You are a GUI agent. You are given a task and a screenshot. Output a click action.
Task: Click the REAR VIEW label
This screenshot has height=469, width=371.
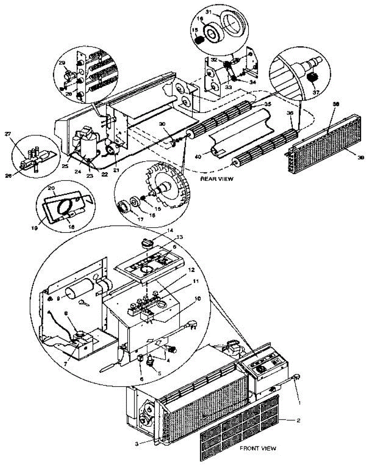(217, 179)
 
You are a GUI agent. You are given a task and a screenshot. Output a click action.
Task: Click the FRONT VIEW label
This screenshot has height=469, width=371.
(258, 448)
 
